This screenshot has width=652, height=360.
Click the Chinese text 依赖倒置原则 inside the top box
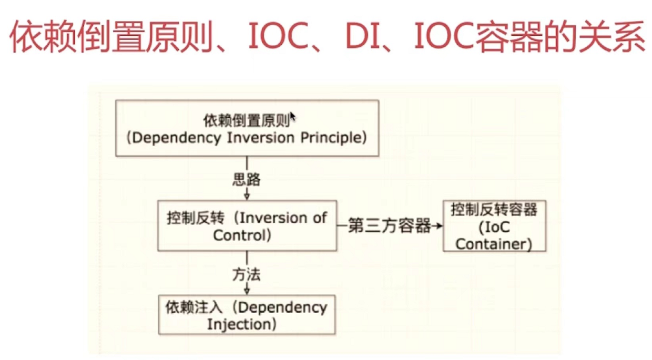pyautogui.click(x=246, y=120)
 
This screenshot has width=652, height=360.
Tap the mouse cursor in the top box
pyautogui.click(x=292, y=116)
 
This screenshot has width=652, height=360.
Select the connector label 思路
pyautogui.click(x=247, y=180)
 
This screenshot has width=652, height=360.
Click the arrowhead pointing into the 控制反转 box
pyautogui.click(x=247, y=196)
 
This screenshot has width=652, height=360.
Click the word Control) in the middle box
pyautogui.click(x=242, y=235)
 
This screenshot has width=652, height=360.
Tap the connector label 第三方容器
pyautogui.click(x=390, y=227)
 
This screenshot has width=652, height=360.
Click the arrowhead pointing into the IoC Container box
pyautogui.click(x=439, y=227)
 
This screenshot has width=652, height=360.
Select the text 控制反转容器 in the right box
pyautogui.click(x=494, y=210)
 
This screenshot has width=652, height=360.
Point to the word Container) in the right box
pyautogui.click(x=494, y=244)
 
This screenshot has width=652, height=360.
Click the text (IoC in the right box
pyautogui.click(x=494, y=227)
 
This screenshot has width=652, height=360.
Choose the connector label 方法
pyautogui.click(x=247, y=274)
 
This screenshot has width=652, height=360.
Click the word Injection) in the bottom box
pyautogui.click(x=242, y=324)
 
